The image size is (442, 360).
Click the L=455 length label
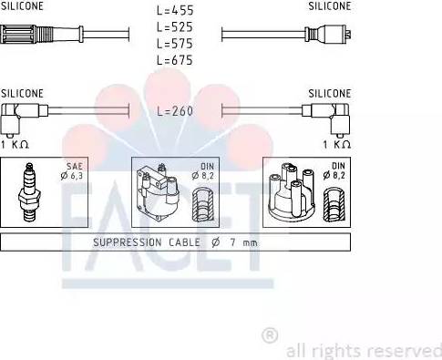(175, 10)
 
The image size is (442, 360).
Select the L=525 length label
(175, 27)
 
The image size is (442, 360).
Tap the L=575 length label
(175, 44)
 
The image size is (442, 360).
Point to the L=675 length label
(175, 60)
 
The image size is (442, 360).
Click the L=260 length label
(175, 111)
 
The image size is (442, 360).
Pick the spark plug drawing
(29, 192)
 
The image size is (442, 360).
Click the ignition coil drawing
(157, 192)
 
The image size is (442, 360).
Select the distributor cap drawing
(292, 192)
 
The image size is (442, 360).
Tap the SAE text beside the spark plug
(75, 166)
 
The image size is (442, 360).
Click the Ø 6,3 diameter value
(72, 176)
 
